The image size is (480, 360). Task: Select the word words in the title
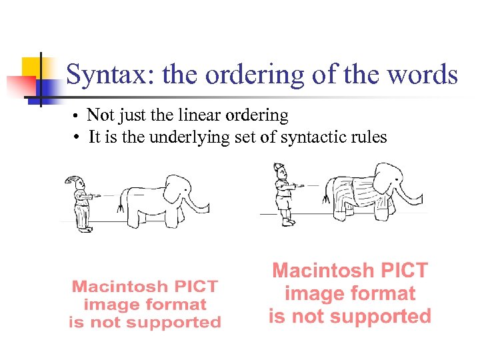coord(425,75)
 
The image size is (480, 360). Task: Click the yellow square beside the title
coord(32,67)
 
